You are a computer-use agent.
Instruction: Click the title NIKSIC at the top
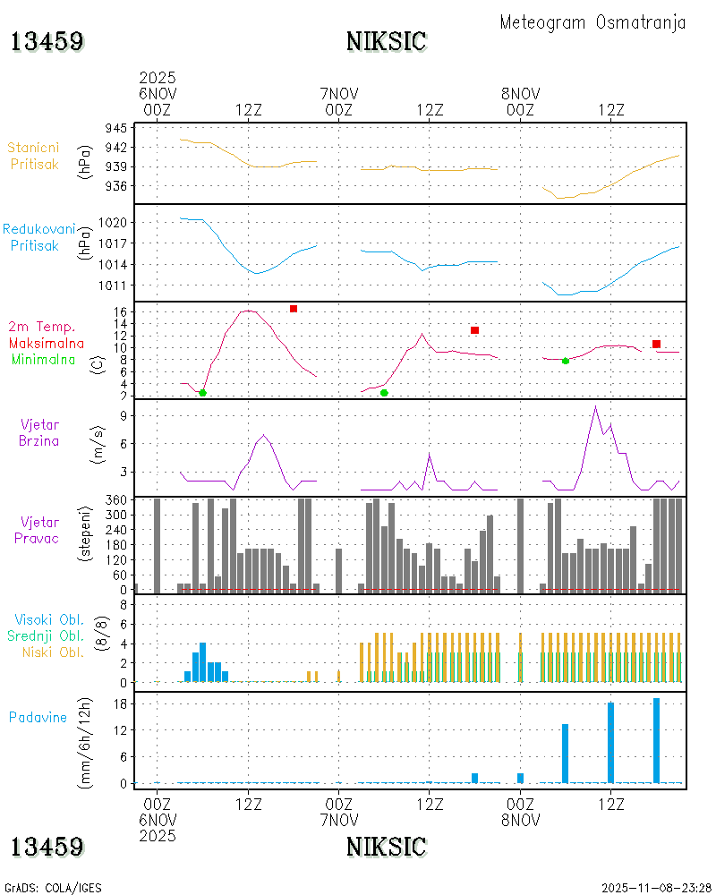[386, 41]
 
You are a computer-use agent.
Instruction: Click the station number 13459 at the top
[47, 41]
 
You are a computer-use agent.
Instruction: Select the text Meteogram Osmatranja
[592, 22]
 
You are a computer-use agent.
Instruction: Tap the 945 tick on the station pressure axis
[115, 128]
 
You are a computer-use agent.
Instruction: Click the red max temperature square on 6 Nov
[294, 309]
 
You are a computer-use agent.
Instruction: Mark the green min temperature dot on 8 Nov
[566, 361]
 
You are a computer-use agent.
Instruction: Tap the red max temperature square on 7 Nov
[474, 330]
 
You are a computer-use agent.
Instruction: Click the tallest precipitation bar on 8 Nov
[657, 740]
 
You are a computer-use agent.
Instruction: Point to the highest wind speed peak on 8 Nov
[595, 407]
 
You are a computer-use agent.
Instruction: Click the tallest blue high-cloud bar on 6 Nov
[203, 661]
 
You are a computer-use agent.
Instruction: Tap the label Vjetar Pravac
[37, 530]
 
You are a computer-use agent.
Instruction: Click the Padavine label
[38, 717]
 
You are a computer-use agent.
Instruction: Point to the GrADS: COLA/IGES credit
[53, 888]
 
